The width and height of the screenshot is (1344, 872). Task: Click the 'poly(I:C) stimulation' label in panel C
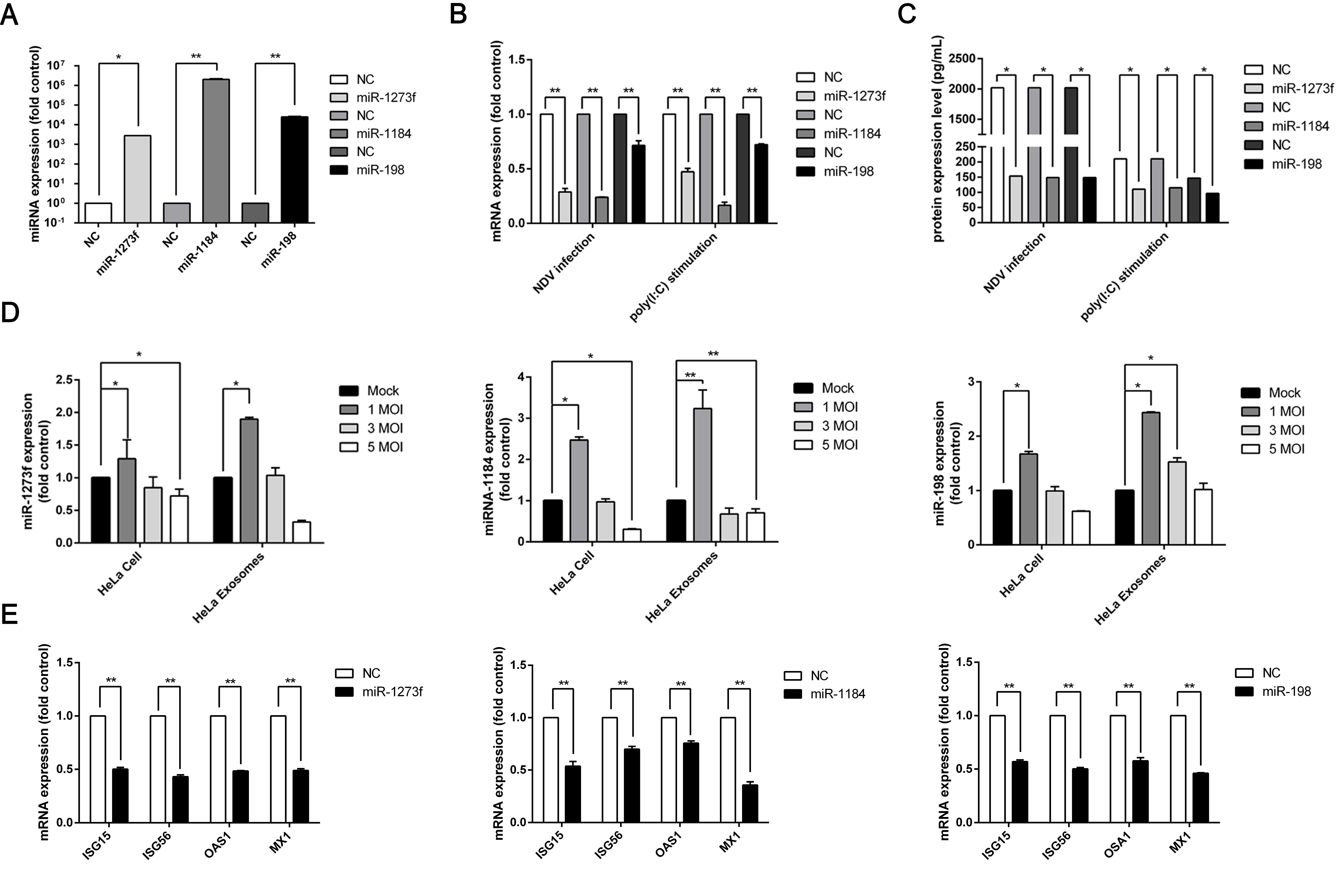point(1124,277)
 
